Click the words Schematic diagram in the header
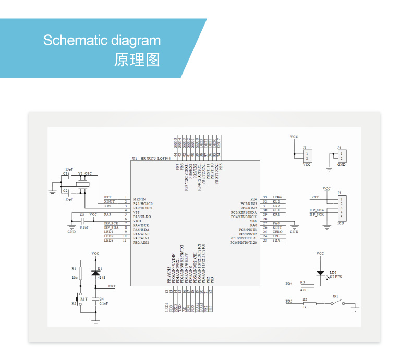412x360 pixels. (x=102, y=41)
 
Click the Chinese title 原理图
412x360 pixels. (x=137, y=59)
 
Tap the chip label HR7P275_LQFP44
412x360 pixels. (x=158, y=158)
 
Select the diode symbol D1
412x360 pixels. (x=95, y=272)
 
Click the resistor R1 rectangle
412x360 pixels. (x=81, y=272)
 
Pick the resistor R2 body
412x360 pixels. (x=307, y=303)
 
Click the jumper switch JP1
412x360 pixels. (x=336, y=303)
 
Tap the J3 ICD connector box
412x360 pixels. (x=341, y=207)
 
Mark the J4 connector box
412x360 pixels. (x=341, y=155)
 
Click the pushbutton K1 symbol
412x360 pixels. (x=78, y=303)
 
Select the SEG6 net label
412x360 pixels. (x=277, y=197)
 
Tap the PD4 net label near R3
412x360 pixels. (x=288, y=284)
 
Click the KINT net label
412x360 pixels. (x=277, y=227)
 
